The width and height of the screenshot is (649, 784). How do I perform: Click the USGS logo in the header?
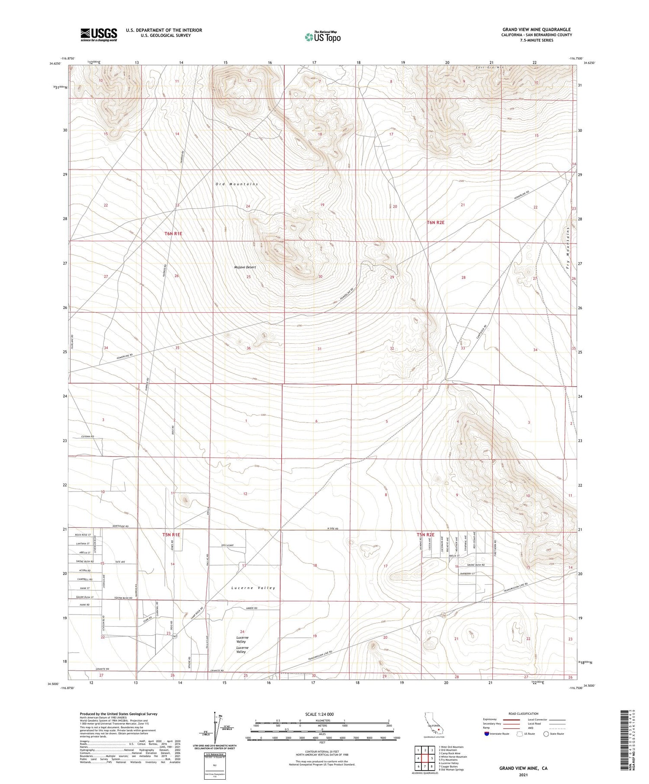coord(99,35)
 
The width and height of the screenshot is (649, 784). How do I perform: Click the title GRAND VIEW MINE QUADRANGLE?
coord(536,29)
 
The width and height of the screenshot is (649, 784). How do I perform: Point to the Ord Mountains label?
coord(237,184)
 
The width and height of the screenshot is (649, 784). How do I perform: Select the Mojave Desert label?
coord(245,267)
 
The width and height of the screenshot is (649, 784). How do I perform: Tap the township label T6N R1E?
coord(173,234)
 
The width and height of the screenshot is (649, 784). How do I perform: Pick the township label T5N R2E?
coord(425,535)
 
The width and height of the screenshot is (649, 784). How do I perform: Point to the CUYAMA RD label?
coord(87,437)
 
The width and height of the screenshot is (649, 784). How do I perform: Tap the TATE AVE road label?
coord(120,562)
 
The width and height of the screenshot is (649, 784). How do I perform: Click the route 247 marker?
coord(175,637)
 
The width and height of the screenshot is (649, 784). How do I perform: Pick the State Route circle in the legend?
coord(546,734)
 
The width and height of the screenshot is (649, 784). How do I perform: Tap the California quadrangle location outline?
coord(433,723)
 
